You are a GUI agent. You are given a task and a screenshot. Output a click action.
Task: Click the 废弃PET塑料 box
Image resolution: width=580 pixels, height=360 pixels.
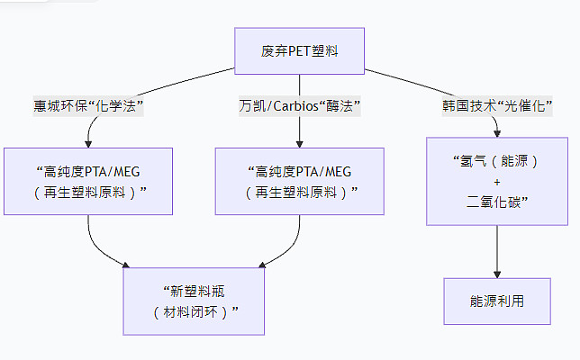(299, 50)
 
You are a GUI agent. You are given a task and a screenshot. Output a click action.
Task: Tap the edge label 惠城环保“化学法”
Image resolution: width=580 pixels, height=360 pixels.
(89, 106)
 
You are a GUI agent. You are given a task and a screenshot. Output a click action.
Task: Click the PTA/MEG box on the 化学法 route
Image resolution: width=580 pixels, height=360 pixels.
(88, 181)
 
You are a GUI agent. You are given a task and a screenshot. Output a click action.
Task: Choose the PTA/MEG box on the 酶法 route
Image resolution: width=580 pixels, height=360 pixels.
(299, 181)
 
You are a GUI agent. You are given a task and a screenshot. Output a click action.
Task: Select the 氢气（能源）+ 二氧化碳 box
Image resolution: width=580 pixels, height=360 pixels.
(497, 181)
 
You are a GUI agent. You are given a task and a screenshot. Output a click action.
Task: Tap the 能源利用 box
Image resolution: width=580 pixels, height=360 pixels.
(497, 301)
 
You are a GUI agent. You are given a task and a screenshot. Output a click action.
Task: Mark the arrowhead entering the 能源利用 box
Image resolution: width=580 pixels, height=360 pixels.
(497, 272)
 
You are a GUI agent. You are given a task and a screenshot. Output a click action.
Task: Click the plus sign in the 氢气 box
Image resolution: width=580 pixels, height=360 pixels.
(497, 181)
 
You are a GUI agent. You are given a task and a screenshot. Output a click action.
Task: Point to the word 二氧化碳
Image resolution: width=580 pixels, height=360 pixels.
(497, 201)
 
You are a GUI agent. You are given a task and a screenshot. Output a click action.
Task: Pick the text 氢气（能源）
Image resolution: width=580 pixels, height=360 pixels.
(497, 162)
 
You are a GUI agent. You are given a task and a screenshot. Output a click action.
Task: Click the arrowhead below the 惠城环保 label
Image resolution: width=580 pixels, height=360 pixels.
(88, 142)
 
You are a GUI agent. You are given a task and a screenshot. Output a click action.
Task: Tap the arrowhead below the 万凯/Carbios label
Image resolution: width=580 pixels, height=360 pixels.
(299, 142)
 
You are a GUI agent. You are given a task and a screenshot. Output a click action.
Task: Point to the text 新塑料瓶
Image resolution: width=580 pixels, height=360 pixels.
(195, 290)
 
